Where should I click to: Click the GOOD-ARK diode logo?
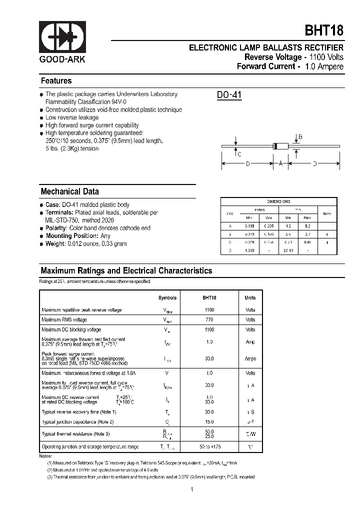click(x=62, y=37)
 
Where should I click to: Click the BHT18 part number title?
click(x=324, y=30)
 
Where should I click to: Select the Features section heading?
click(x=56, y=81)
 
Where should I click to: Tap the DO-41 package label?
click(x=229, y=95)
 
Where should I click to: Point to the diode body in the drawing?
click(x=280, y=146)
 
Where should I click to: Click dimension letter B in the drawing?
click(x=300, y=136)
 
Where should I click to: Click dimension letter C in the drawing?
click(x=239, y=154)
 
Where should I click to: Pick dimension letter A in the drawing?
click(x=280, y=163)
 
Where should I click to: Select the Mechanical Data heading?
click(x=69, y=191)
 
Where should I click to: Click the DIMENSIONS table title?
click(x=278, y=201)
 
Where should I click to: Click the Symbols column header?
click(x=167, y=297)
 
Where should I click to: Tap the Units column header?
click(x=250, y=297)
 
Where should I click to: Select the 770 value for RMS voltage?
click(x=209, y=319)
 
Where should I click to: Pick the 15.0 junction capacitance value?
click(x=209, y=422)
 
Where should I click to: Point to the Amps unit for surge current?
click(x=250, y=358)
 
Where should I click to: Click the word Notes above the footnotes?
click(x=45, y=456)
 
